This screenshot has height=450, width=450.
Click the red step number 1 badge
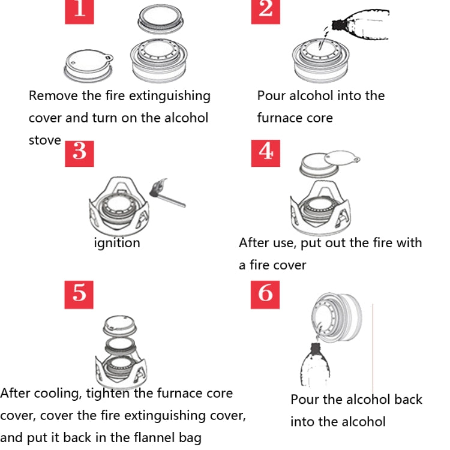(x=80, y=10)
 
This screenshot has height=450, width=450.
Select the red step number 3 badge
(x=80, y=151)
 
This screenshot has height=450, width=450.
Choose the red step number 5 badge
(x=80, y=292)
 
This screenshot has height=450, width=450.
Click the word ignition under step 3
(x=117, y=243)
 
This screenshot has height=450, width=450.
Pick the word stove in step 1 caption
(x=45, y=140)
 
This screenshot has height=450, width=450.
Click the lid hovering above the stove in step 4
(x=327, y=163)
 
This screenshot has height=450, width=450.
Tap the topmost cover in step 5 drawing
(x=122, y=325)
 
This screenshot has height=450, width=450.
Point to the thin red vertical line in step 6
(x=373, y=348)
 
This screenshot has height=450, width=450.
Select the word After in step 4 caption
(x=255, y=243)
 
